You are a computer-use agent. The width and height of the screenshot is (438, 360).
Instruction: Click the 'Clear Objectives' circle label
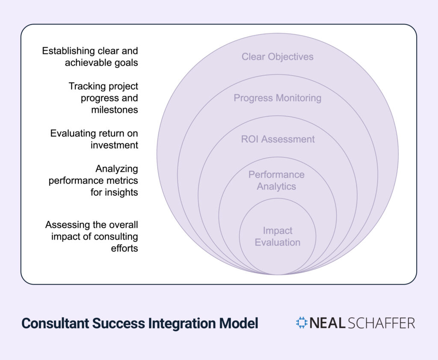coord(277,57)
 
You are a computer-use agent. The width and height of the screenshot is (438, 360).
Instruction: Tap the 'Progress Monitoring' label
coord(277,98)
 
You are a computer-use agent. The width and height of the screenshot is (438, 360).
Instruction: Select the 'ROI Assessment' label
coord(278,139)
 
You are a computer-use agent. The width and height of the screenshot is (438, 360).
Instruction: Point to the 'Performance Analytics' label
coord(276,181)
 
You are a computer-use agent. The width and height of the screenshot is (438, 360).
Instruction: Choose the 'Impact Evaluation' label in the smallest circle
coord(278,237)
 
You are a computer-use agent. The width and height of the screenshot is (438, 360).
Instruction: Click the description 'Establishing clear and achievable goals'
coord(90,57)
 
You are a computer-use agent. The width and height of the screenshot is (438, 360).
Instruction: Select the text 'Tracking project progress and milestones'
coord(103,98)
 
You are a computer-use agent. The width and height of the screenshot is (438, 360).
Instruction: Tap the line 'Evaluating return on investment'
coord(94,139)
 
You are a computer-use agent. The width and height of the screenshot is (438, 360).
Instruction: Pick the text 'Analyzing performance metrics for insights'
coord(93,181)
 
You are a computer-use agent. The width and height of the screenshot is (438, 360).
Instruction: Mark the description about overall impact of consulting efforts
coord(92,236)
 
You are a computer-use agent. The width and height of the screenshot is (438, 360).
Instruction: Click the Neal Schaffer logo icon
coord(302,323)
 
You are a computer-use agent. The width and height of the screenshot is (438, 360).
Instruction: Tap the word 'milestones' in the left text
coord(114,110)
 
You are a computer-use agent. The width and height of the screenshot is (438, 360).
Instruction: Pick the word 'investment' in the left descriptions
coord(114,145)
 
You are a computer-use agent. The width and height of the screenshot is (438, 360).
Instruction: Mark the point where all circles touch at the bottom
coord(278,274)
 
